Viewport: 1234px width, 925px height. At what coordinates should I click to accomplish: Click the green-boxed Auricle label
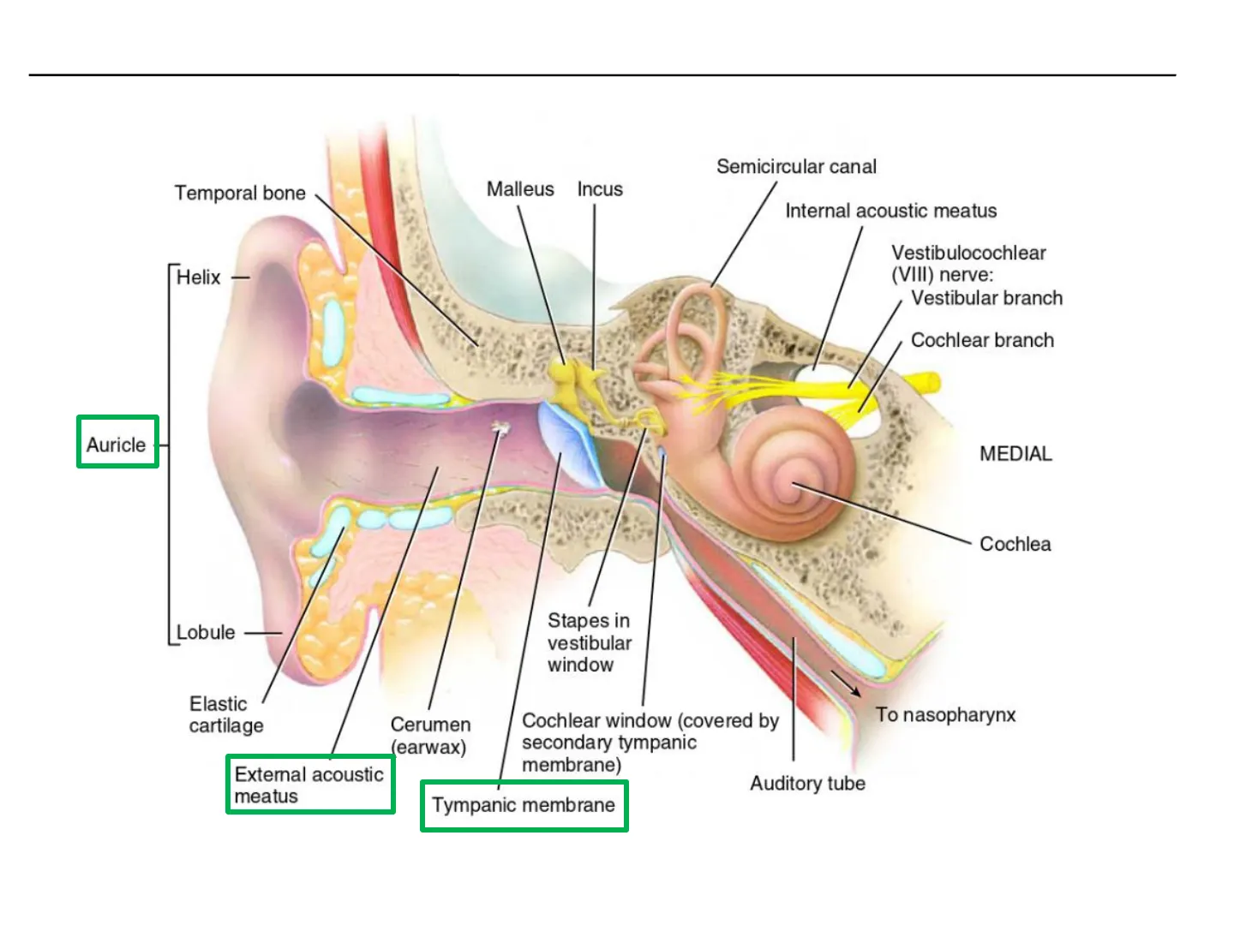(x=117, y=445)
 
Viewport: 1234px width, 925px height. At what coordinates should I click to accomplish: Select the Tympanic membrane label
(x=524, y=805)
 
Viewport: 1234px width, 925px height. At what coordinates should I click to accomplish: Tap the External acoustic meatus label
(x=309, y=785)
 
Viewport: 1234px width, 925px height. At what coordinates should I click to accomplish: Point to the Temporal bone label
(x=240, y=194)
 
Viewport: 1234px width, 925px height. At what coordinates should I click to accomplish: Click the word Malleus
(x=520, y=189)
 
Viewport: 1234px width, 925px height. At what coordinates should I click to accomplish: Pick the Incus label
(x=600, y=189)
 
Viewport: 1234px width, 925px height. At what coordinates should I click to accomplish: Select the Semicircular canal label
(x=796, y=167)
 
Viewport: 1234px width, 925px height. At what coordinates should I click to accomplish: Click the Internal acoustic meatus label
(x=890, y=212)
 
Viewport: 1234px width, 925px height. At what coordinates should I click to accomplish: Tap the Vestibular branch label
(x=986, y=298)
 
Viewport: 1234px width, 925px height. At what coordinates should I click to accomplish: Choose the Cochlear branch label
(x=982, y=340)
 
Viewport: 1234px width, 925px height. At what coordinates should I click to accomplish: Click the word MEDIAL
(x=1015, y=454)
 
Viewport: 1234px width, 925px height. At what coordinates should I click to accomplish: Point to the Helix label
(x=199, y=277)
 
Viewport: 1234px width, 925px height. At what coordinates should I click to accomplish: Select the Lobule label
(x=206, y=632)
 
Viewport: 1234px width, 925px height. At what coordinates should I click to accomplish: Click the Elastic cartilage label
(x=226, y=715)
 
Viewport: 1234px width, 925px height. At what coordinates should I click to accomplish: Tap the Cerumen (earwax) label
(x=431, y=737)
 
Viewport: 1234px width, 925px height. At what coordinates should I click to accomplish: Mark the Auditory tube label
(x=808, y=784)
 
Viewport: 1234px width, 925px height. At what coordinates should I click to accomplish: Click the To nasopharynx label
(x=945, y=715)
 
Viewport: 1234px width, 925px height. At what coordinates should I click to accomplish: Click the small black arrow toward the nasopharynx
(x=846, y=683)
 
